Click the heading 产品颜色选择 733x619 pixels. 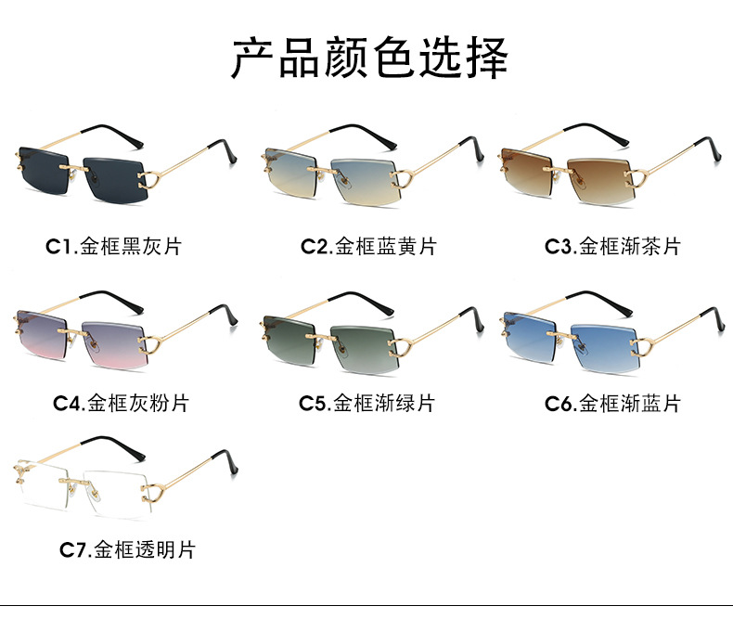368,58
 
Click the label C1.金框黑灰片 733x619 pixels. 113,247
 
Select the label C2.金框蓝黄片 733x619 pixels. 367,247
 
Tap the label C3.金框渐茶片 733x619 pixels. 612,247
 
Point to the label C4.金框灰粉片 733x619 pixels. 121,403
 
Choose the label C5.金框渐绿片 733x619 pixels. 366,403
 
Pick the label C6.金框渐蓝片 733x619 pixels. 612,403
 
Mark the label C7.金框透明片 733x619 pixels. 127,549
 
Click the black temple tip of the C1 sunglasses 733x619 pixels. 221,148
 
